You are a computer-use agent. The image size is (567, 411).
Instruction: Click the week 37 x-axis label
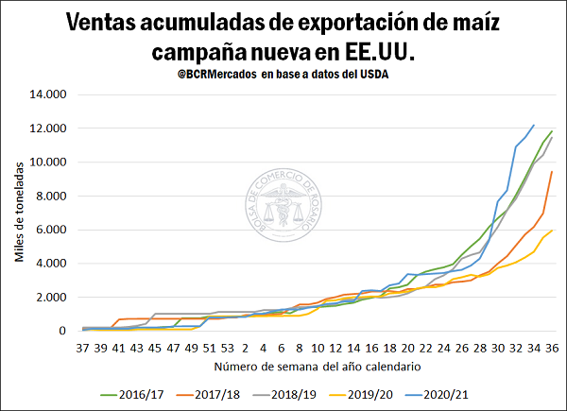coord(83,347)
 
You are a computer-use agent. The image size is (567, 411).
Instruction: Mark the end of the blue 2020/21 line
coord(534,125)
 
